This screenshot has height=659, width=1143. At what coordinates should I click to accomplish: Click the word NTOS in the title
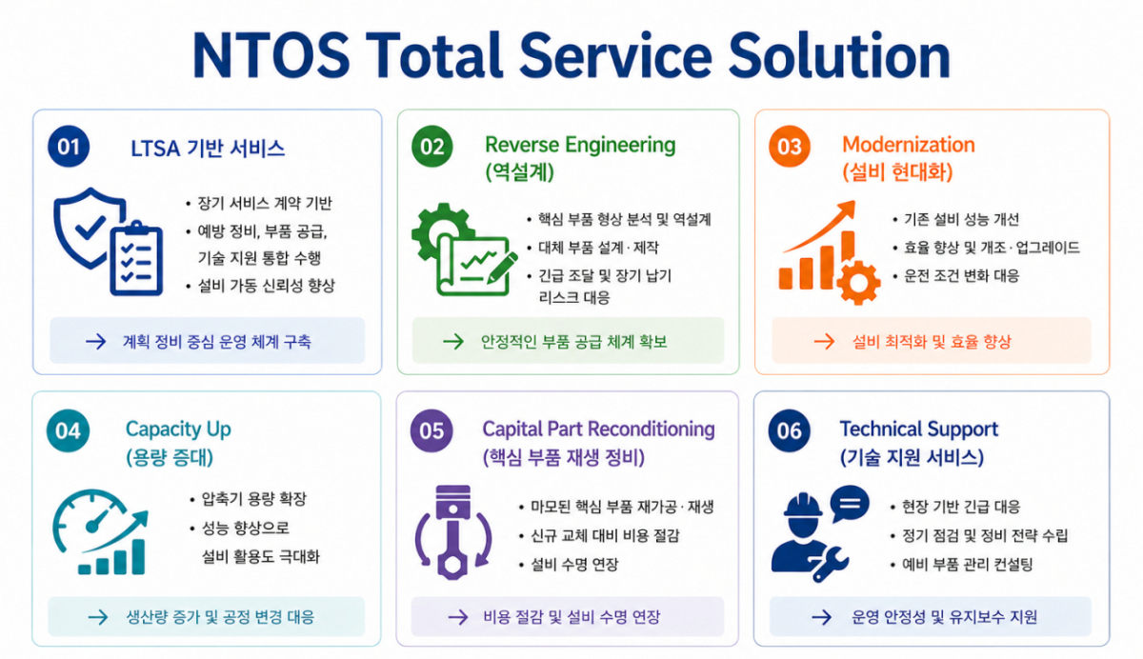pyautogui.click(x=271, y=55)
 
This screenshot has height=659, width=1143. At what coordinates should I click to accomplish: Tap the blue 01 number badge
pyautogui.click(x=69, y=147)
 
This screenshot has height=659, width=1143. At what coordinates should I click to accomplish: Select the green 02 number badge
pyautogui.click(x=431, y=147)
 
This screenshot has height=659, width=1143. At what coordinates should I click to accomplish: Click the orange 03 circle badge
pyautogui.click(x=790, y=147)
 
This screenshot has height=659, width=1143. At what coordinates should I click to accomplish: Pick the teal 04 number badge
pyautogui.click(x=68, y=430)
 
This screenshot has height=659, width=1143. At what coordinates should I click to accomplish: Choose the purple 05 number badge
pyautogui.click(x=431, y=430)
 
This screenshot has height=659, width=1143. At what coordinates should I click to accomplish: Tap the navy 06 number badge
pyautogui.click(x=790, y=430)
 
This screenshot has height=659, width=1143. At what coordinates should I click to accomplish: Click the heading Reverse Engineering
pyautogui.click(x=580, y=146)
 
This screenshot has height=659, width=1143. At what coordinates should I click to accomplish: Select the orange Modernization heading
pyautogui.click(x=909, y=145)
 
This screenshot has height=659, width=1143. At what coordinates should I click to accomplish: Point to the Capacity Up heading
pyautogui.click(x=178, y=429)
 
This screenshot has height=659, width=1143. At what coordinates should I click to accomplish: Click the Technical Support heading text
pyautogui.click(x=918, y=429)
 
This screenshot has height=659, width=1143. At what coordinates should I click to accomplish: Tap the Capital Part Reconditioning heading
pyautogui.click(x=598, y=429)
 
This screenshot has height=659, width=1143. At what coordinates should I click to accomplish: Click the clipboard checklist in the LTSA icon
pyautogui.click(x=136, y=259)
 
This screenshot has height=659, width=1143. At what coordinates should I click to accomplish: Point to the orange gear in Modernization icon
pyautogui.click(x=858, y=283)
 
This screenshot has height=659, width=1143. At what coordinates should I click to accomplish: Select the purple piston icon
pyautogui.click(x=453, y=532)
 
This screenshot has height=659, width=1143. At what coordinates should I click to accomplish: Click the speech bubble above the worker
pyautogui.click(x=849, y=504)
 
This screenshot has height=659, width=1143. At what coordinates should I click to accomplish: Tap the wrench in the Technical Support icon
pyautogui.click(x=831, y=564)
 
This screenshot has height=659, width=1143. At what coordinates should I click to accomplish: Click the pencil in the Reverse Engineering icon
pyautogui.click(x=503, y=268)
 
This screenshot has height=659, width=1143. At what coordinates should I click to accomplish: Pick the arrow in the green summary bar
pyautogui.click(x=453, y=341)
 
